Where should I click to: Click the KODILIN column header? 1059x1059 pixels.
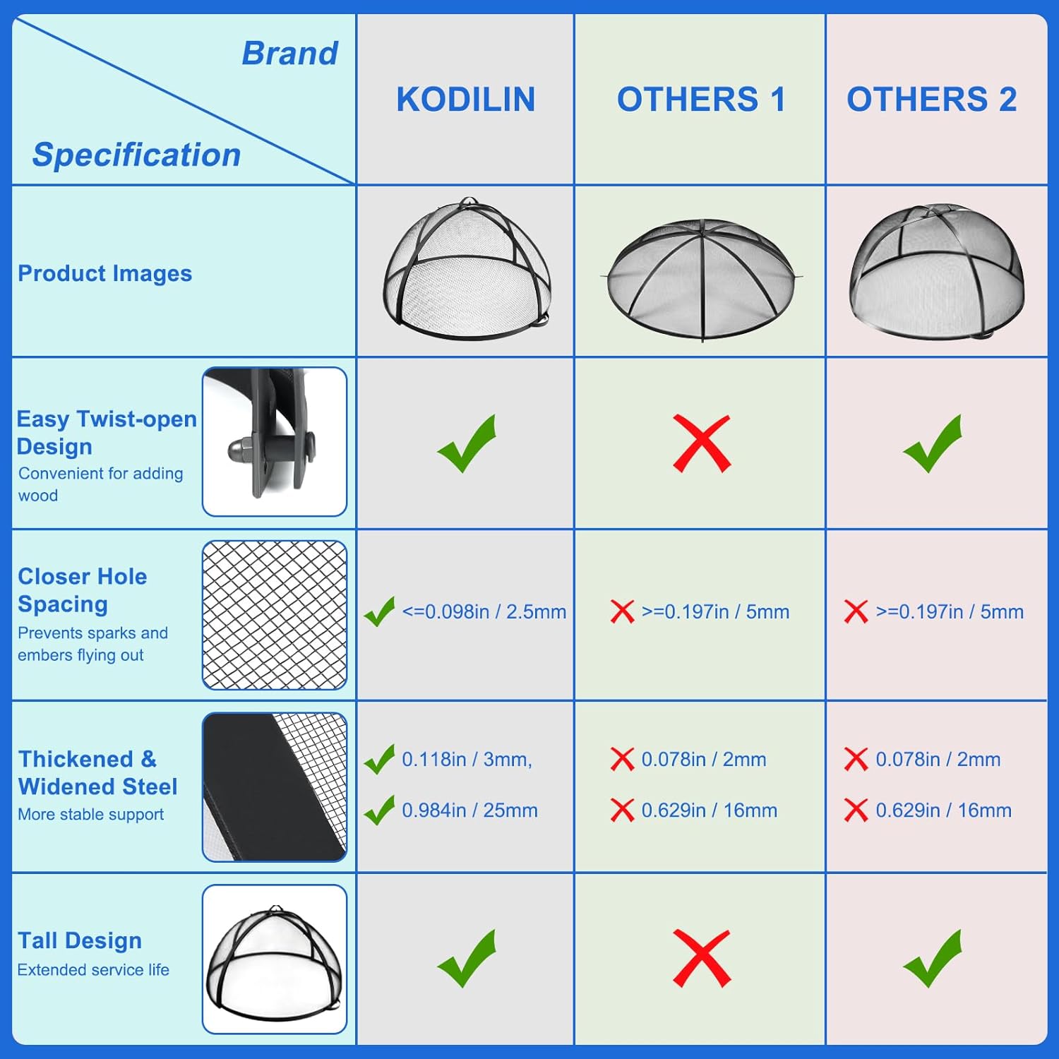pyautogui.click(x=466, y=100)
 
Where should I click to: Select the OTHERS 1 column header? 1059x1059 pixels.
pyautogui.click(x=701, y=100)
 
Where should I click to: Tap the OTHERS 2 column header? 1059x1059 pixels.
pyautogui.click(x=932, y=100)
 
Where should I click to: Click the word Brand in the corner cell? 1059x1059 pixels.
pyautogui.click(x=290, y=54)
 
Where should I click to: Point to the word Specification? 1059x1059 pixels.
pyautogui.click(x=137, y=155)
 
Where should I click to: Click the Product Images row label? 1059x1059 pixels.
pyautogui.click(x=104, y=273)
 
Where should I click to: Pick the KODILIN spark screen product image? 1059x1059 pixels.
pyautogui.click(x=467, y=270)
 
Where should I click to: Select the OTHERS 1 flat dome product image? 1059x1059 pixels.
pyautogui.click(x=702, y=280)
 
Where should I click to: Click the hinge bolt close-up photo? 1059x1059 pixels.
pyautogui.click(x=275, y=441)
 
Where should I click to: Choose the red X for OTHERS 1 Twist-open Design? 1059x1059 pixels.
pyautogui.click(x=702, y=443)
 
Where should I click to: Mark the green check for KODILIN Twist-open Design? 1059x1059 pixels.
pyautogui.click(x=467, y=443)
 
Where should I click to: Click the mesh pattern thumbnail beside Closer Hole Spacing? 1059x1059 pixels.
pyautogui.click(x=275, y=615)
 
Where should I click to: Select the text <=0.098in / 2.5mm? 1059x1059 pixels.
pyautogui.click(x=484, y=611)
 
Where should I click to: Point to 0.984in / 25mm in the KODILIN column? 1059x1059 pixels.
pyautogui.click(x=469, y=810)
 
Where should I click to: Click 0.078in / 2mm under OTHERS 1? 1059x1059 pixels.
pyautogui.click(x=704, y=760)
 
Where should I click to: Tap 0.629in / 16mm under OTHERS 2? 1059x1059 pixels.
pyautogui.click(x=944, y=810)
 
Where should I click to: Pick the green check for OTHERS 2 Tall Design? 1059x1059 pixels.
pyautogui.click(x=933, y=958)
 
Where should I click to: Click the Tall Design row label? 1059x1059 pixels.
pyautogui.click(x=80, y=940)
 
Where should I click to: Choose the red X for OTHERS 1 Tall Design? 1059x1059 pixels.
pyautogui.click(x=702, y=958)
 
